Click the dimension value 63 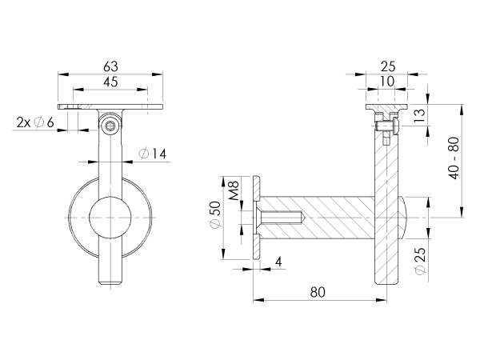(x=110, y=66)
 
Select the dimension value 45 (x=110, y=82)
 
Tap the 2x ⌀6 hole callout (x=35, y=122)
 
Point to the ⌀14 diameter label (x=153, y=154)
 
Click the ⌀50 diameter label (x=215, y=214)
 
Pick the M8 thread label (x=234, y=190)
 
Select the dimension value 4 (x=278, y=262)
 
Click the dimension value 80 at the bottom (x=318, y=292)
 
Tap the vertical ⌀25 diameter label (x=420, y=261)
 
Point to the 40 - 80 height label (x=454, y=158)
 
